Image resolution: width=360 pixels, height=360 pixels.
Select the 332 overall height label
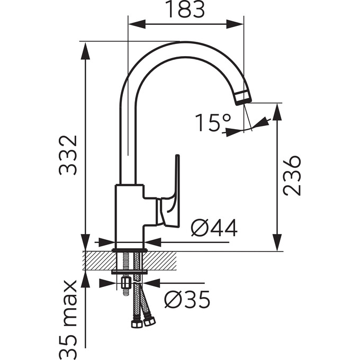point(67,156)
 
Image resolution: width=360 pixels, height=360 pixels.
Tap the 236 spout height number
point(292,176)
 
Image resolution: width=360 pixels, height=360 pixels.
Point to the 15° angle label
point(213,123)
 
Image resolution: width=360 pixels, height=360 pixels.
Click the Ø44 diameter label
point(214,228)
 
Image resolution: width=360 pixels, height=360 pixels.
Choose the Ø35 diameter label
point(187,300)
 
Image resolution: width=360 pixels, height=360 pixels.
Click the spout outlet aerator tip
point(243,97)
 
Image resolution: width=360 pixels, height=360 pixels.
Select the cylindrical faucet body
point(130,217)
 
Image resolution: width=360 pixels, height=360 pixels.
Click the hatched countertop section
point(130,260)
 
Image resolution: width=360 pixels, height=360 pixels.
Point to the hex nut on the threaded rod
point(125,283)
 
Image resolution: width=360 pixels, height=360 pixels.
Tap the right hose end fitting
point(149,321)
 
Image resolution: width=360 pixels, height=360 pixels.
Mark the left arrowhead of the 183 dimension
point(137,24)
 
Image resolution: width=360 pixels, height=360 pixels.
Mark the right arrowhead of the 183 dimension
point(235,24)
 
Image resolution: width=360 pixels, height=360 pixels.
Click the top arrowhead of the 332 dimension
point(85,51)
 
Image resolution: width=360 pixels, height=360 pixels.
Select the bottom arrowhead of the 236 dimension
point(277,242)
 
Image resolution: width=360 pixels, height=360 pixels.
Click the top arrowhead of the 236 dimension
point(277,112)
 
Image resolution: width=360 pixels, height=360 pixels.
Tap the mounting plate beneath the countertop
point(130,272)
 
